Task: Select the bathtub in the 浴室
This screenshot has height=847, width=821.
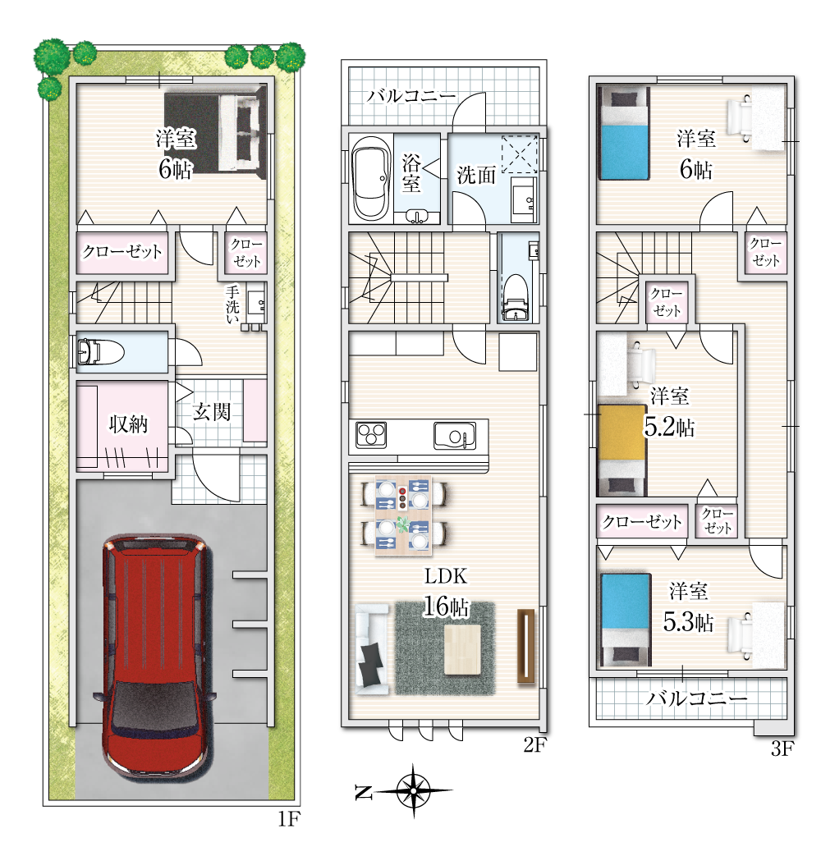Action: (371, 178)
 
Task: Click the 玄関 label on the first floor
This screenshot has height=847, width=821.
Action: (212, 412)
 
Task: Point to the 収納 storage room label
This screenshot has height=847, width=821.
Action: (128, 424)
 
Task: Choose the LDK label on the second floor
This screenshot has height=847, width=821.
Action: (445, 576)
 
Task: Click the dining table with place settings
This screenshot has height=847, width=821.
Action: (404, 515)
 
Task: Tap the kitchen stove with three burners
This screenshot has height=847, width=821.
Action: (371, 435)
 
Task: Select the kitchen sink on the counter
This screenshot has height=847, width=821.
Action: (455, 435)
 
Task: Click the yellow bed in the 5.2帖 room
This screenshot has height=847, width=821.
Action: (622, 450)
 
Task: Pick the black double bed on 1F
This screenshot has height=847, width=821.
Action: (215, 133)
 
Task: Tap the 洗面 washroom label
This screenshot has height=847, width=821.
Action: (476, 175)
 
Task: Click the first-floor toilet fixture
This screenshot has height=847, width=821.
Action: (100, 351)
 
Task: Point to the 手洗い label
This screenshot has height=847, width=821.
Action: (232, 306)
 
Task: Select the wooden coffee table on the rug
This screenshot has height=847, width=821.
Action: (463, 648)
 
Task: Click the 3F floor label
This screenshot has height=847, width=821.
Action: (782, 749)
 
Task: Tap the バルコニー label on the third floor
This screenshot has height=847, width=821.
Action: (697, 698)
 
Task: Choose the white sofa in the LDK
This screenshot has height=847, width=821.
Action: (372, 649)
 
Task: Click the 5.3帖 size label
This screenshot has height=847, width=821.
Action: (688, 623)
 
